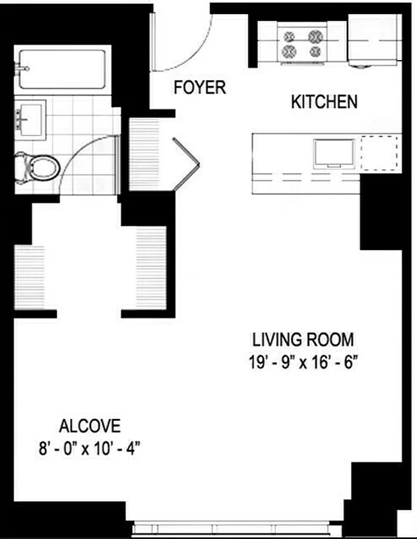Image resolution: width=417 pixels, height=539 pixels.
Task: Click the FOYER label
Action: [x=199, y=88]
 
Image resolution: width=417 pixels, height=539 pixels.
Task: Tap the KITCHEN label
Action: [x=323, y=102]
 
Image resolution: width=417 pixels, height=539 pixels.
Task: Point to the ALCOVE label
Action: [x=90, y=426]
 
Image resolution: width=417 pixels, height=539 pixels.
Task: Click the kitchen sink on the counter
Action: [x=333, y=153]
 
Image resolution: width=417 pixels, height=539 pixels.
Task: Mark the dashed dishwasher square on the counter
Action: [x=377, y=153]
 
